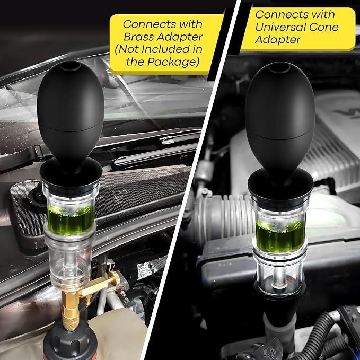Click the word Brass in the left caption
tap(135, 37)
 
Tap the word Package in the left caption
tap(173, 62)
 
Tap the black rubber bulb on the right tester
tap(279, 119)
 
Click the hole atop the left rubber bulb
tap(70, 66)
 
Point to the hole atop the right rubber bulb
tap(279, 67)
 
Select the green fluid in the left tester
tap(71, 221)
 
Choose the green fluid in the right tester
tap(280, 236)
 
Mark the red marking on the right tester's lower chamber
tap(292, 280)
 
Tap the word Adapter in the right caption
tap(278, 40)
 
